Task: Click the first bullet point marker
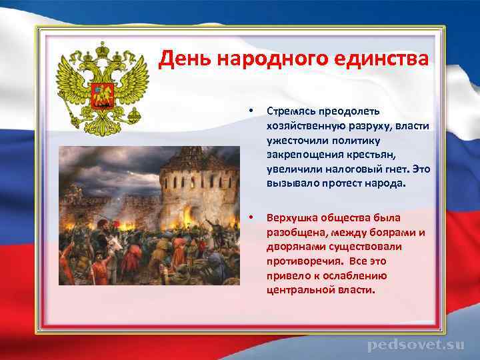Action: click(x=250, y=110)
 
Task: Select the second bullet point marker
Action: click(x=250, y=218)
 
